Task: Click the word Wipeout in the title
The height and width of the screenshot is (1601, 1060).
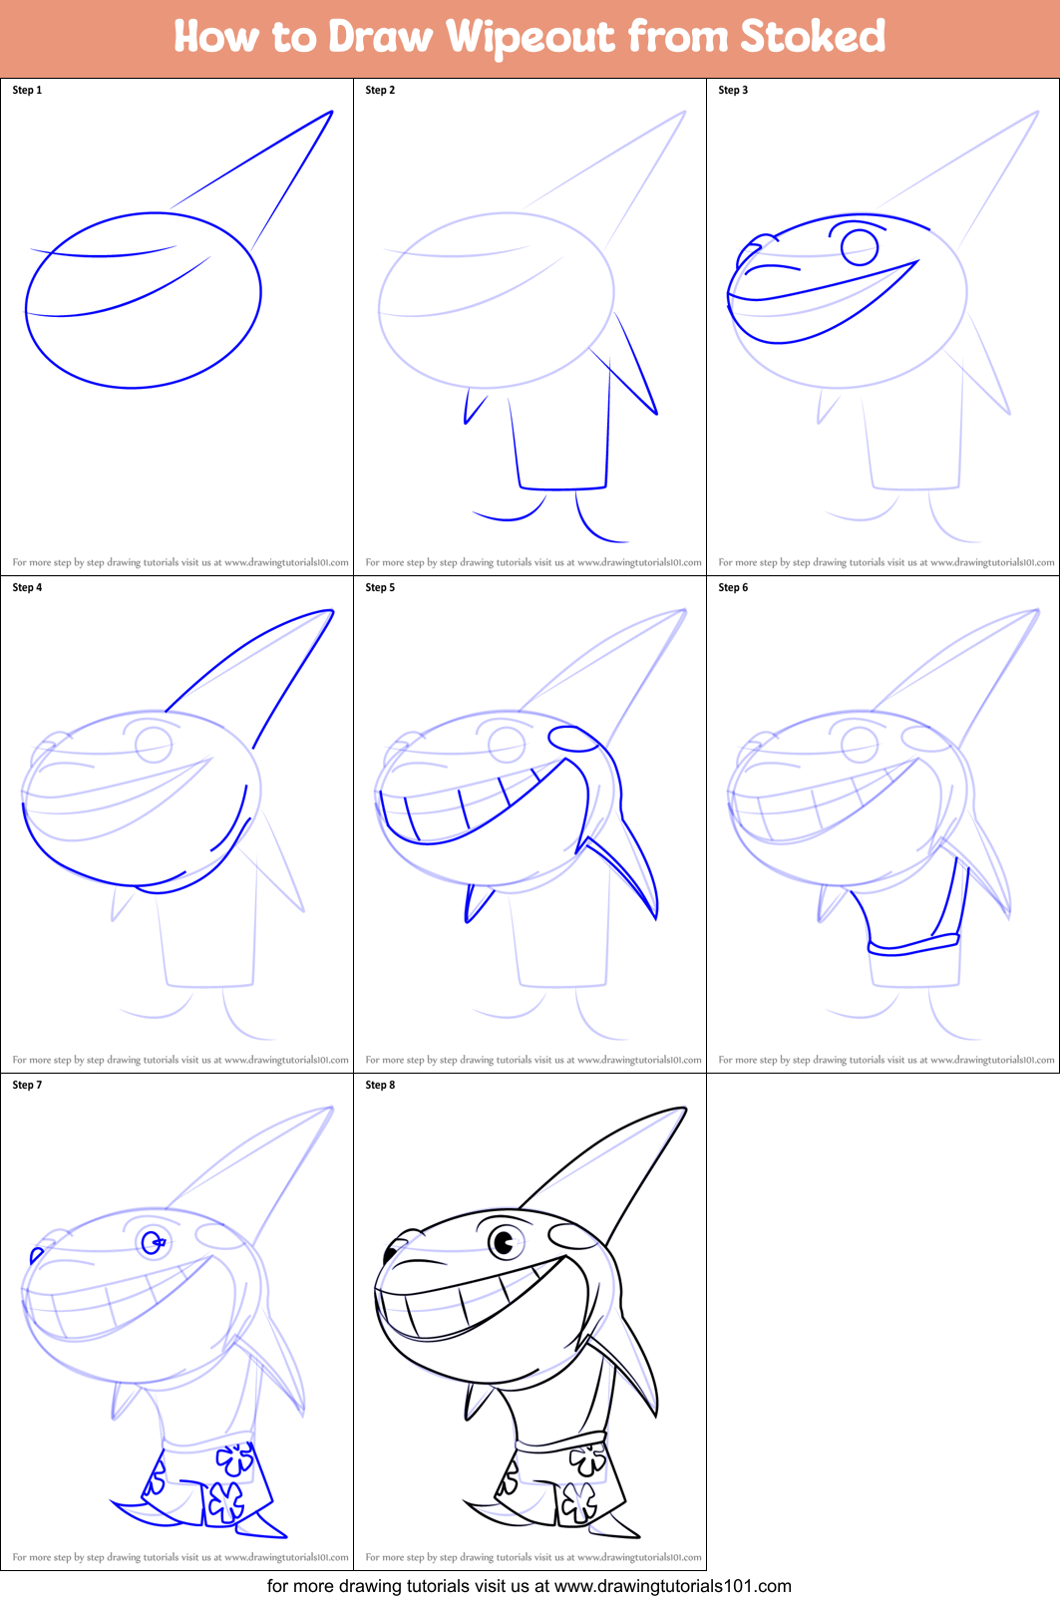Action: point(530,37)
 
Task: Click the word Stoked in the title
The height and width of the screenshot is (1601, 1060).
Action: point(812,37)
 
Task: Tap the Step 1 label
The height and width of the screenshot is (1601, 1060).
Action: point(27,90)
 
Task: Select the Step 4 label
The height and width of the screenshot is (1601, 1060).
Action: point(27,587)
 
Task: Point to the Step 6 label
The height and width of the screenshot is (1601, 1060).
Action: point(733,587)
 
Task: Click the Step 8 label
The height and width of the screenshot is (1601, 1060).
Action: point(380,1085)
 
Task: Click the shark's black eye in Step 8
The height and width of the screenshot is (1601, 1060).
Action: point(505,1242)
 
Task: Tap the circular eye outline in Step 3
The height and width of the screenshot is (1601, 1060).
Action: point(860,246)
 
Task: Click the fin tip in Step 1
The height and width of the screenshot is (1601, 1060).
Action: point(330,113)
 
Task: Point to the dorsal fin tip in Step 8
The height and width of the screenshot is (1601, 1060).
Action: point(685,1109)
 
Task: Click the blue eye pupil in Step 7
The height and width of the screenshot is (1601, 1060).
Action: point(154,1242)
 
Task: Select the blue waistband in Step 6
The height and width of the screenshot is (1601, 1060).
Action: point(913,944)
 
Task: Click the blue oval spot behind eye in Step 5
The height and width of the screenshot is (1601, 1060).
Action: point(572,738)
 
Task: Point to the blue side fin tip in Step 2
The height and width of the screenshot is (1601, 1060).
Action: point(656,412)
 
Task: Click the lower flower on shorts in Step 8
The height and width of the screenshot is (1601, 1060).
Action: point(578,1499)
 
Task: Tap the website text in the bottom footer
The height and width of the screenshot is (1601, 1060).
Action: point(672,1586)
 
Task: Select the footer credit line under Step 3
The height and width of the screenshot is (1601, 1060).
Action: point(885,562)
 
